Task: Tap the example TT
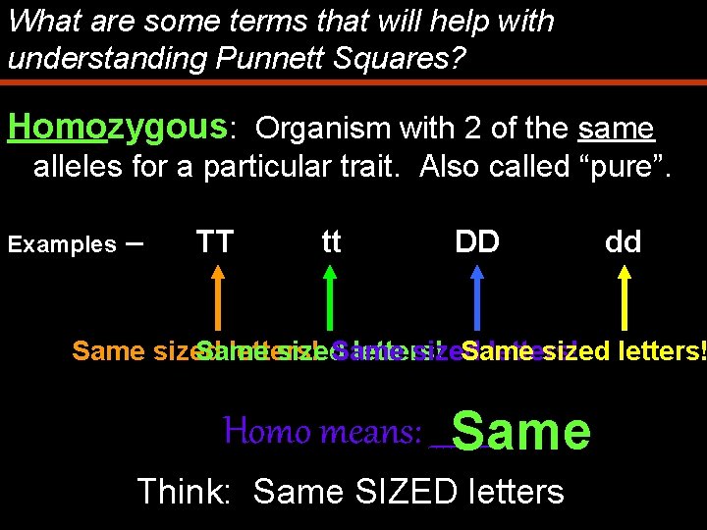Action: pos(214,241)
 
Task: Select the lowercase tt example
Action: pos(331,241)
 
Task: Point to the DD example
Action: pos(477,241)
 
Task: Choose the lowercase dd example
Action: pos(623,241)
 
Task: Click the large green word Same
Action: pos(521,432)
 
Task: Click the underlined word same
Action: pos(617,129)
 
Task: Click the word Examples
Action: pos(62,244)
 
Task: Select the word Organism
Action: pos(321,129)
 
